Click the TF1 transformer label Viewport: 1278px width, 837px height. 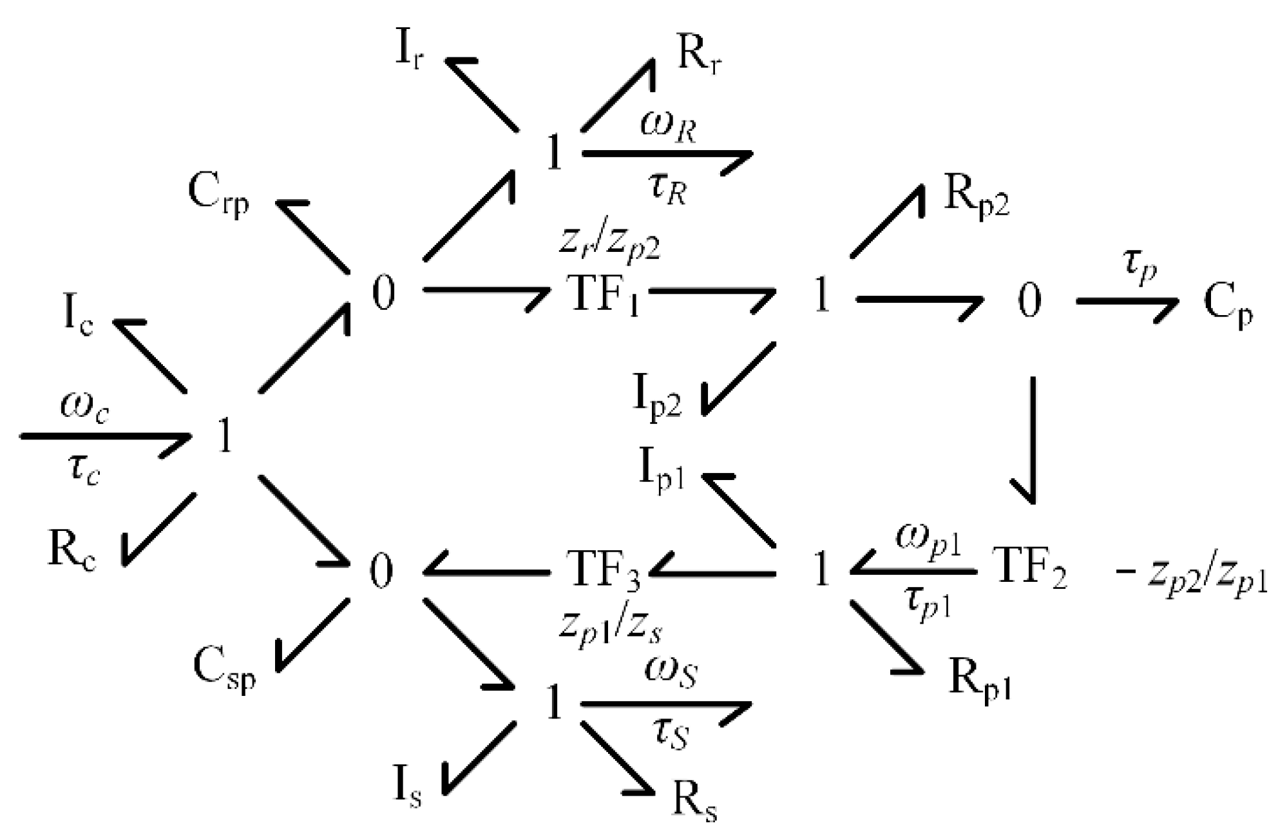tap(604, 294)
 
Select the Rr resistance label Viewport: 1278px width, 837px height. tap(700, 55)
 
